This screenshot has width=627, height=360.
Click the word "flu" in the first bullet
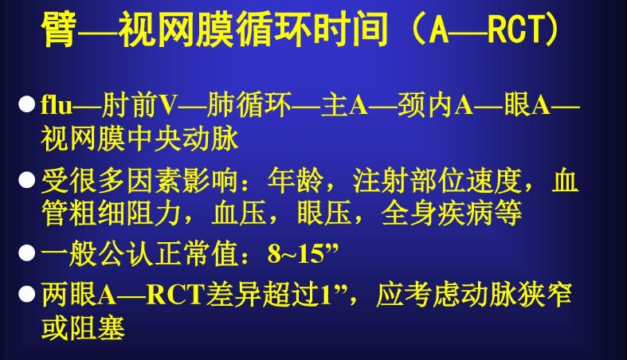pyautogui.click(x=57, y=105)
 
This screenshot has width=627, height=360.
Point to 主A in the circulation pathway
pyautogui.click(x=344, y=105)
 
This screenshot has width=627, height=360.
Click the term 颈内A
pyautogui.click(x=435, y=105)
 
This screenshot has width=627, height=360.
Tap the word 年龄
pyautogui.click(x=296, y=181)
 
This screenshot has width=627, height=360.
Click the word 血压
pyautogui.click(x=239, y=213)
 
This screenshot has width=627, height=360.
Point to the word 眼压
pyautogui.click(x=325, y=213)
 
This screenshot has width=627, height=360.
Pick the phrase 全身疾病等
pyautogui.click(x=452, y=213)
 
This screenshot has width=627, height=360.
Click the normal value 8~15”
pyautogui.click(x=303, y=253)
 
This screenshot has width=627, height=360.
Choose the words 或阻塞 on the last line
pyautogui.click(x=83, y=328)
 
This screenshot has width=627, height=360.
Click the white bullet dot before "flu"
pyautogui.click(x=27, y=104)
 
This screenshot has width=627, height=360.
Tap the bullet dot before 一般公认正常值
pyautogui.click(x=27, y=253)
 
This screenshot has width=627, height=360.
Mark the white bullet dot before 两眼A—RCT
pyautogui.click(x=27, y=294)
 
